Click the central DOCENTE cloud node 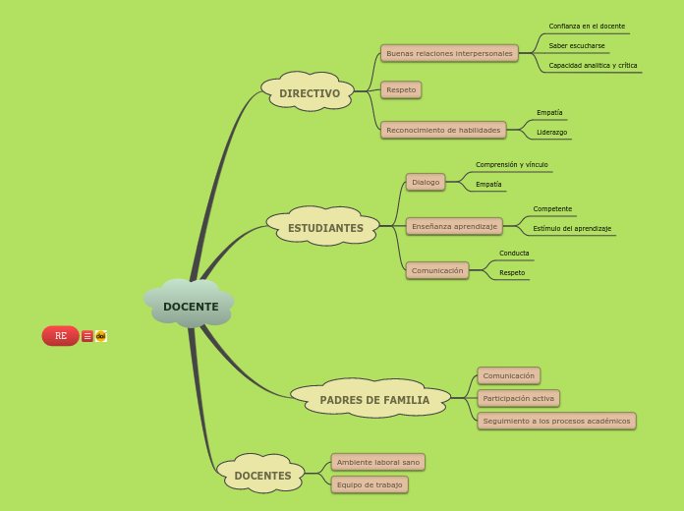(x=191, y=306)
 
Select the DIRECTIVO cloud (x=309, y=93)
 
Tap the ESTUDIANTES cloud (x=325, y=228)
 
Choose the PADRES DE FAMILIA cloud (x=373, y=400)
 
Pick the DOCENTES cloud (x=262, y=476)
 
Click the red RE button (x=60, y=336)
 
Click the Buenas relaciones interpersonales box (x=449, y=53)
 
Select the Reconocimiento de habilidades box (x=443, y=130)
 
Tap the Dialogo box (x=426, y=182)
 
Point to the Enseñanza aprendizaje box (x=454, y=226)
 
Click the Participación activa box (x=518, y=398)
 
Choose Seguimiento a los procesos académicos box (x=556, y=421)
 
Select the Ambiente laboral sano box (x=377, y=462)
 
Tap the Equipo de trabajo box (x=370, y=484)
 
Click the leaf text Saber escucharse (x=577, y=45)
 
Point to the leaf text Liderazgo (x=551, y=132)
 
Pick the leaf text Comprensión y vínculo (x=512, y=164)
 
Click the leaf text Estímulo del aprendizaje (x=572, y=228)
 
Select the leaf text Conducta (x=514, y=253)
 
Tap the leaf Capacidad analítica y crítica (x=593, y=65)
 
